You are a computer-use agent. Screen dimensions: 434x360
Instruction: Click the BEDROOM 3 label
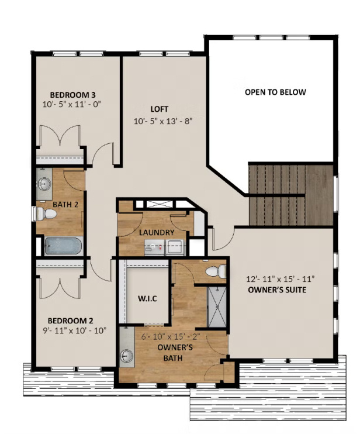[72, 95]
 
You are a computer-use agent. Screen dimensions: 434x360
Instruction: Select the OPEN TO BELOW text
[275, 92]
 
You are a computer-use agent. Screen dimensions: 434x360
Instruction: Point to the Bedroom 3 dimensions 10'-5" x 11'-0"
[72, 105]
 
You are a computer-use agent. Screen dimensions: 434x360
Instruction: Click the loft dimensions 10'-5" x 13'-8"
[162, 121]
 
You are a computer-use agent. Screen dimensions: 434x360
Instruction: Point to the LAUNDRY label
[157, 233]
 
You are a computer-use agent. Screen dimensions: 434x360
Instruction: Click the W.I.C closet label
[146, 299]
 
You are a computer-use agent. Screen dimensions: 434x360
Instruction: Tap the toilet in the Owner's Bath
[218, 271]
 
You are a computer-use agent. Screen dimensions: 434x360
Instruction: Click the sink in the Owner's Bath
[126, 356]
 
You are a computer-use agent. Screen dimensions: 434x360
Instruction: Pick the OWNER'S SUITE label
[277, 290]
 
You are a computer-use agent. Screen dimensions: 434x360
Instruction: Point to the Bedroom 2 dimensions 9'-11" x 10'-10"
[71, 331]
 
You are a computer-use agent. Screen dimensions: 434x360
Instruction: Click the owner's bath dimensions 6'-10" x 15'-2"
[171, 337]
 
